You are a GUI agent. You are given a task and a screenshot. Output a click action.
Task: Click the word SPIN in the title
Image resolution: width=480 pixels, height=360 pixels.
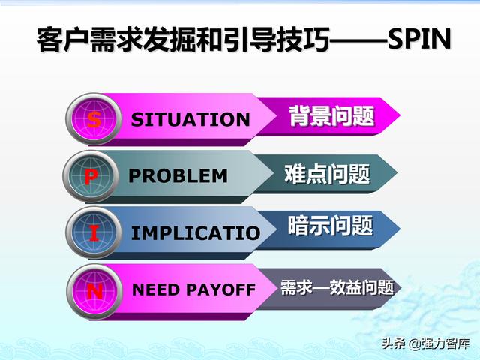[x=419, y=39]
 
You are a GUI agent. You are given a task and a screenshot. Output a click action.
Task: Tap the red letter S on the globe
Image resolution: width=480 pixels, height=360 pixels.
[x=94, y=120]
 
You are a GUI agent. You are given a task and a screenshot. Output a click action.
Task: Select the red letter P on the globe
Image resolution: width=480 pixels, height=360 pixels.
[x=91, y=177]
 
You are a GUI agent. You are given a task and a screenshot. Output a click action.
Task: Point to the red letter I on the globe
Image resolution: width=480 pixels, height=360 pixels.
[x=94, y=233]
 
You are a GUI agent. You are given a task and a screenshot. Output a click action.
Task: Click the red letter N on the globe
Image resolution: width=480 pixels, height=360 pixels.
[x=95, y=291]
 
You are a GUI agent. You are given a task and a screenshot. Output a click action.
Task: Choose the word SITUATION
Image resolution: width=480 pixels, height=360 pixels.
[x=190, y=119]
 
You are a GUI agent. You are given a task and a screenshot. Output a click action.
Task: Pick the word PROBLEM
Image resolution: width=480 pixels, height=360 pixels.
[x=178, y=176]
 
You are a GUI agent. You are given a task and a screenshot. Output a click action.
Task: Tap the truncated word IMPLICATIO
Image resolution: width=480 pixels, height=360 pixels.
[x=196, y=233]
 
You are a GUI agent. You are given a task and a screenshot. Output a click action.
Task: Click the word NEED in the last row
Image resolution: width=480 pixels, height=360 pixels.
[x=155, y=289]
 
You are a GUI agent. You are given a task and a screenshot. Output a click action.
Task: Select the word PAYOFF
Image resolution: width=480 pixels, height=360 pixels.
[x=220, y=289]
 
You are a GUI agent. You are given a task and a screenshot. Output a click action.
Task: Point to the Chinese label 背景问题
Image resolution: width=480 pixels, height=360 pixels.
[x=331, y=116]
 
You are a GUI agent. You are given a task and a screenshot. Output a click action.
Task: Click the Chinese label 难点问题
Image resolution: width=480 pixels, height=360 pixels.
[x=327, y=174]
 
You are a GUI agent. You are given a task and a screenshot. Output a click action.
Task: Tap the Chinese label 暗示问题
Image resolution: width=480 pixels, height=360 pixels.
[x=330, y=225]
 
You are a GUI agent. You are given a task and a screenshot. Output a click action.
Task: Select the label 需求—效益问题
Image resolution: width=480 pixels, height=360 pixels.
[x=337, y=287]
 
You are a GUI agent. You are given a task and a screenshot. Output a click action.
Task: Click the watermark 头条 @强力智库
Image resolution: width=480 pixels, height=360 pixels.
[x=425, y=343]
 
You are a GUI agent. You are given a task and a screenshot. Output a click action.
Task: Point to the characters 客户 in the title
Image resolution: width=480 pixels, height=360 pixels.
[x=63, y=40]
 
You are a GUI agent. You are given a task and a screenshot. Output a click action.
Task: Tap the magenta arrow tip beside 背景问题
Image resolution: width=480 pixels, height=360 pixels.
[x=400, y=115]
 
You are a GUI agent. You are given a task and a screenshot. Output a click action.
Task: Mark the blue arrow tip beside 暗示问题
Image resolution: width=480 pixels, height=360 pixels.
[x=400, y=228]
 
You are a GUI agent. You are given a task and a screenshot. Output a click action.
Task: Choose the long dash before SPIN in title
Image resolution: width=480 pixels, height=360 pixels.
[x=358, y=40]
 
